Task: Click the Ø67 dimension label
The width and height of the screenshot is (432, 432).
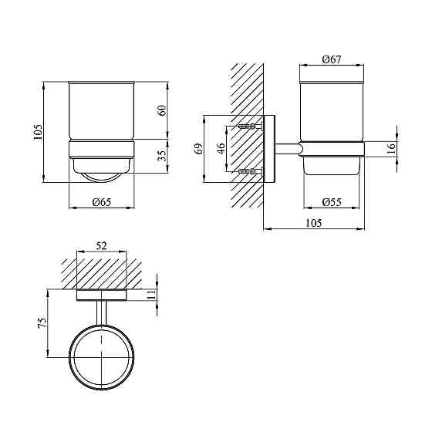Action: [332, 59]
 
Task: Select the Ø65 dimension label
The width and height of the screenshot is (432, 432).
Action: [102, 202]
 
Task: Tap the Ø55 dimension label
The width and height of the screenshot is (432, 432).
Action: [332, 202]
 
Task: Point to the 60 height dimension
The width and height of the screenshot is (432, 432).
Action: [163, 110]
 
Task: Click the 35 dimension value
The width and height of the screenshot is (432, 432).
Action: [163, 156]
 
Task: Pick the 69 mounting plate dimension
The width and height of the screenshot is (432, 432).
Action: [198, 149]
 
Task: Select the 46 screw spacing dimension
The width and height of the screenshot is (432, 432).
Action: [221, 148]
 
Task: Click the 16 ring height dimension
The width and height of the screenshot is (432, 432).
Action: [391, 148]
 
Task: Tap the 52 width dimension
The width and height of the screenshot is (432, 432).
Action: [101, 246]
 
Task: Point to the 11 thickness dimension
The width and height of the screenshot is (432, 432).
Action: [151, 295]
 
